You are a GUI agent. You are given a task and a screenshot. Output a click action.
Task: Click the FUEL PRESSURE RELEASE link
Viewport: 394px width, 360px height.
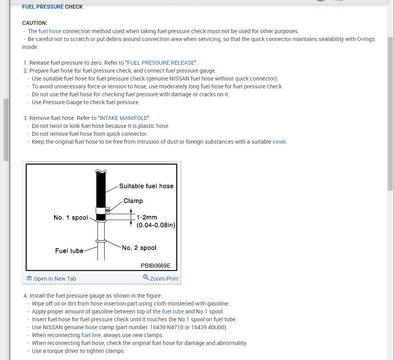click(x=161, y=63)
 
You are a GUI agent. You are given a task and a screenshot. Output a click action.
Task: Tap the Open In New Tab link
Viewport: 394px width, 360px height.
click(x=54, y=279)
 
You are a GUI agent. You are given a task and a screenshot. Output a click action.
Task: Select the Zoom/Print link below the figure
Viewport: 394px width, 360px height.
click(x=164, y=279)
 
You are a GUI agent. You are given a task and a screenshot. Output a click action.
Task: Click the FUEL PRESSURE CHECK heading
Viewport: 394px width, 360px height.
click(x=53, y=7)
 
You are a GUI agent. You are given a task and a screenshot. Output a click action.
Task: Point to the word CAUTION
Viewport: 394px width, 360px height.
click(x=35, y=23)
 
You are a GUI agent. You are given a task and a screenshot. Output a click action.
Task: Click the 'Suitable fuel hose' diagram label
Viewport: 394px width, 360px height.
click(x=146, y=186)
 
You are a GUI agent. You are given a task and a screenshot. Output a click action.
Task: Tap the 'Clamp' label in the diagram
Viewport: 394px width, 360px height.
click(x=133, y=201)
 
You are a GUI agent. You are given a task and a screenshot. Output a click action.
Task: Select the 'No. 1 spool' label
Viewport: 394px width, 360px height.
click(x=71, y=218)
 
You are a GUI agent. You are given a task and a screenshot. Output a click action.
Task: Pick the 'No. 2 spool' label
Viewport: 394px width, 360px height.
click(x=139, y=248)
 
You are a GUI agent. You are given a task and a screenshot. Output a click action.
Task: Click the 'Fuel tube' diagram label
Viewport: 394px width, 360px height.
click(x=69, y=251)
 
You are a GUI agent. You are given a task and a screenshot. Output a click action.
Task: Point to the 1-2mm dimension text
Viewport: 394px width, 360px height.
click(x=147, y=217)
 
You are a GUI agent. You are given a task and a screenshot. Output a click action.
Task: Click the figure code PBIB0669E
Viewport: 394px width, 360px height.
click(x=156, y=266)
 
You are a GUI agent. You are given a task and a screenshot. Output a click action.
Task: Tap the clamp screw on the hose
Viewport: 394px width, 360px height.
click(x=107, y=211)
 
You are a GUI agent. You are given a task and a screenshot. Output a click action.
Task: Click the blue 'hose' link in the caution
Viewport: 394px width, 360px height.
click(x=55, y=31)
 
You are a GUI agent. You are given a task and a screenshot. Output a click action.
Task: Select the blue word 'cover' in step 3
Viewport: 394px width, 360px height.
click(x=280, y=142)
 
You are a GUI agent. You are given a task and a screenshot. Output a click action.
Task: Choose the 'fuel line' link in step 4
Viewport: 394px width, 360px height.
click(x=91, y=335)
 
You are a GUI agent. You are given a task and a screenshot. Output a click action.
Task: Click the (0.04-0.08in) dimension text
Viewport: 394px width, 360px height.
click(x=156, y=225)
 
